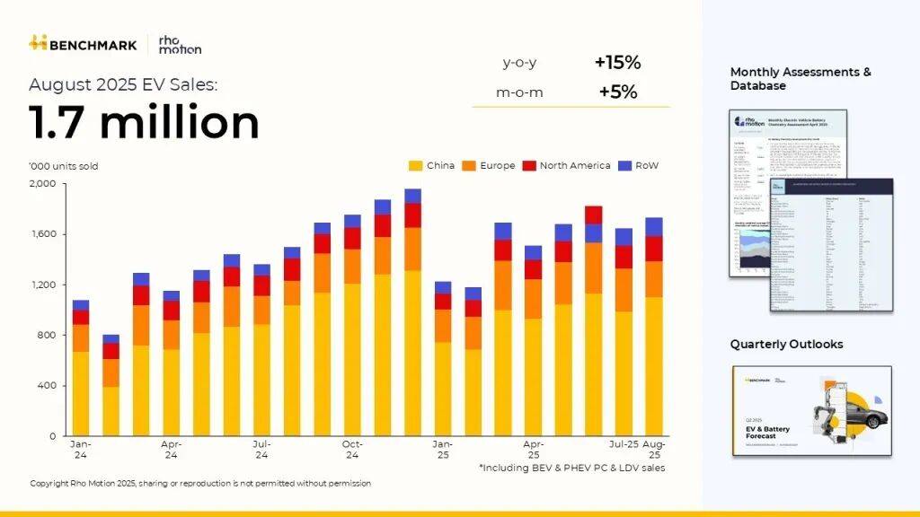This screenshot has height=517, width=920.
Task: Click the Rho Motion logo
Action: pos(180,44)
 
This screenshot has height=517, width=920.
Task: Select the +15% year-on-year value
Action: pos(617,63)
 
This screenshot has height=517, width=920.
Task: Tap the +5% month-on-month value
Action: pos(617,92)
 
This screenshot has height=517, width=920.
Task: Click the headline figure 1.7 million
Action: pos(144,122)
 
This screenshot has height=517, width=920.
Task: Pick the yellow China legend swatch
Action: pos(416,166)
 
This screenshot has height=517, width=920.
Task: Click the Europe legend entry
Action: pos(489,166)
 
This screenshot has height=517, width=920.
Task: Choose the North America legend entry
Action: pos(569,166)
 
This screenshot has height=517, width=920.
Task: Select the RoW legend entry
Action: pos(641,166)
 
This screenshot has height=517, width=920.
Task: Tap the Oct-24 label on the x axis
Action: pos(352,449)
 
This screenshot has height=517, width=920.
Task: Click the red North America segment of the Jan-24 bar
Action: pos(81,317)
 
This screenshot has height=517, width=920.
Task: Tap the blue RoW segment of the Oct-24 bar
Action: pos(352,221)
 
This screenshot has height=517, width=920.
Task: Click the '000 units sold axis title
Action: pos(64,166)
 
